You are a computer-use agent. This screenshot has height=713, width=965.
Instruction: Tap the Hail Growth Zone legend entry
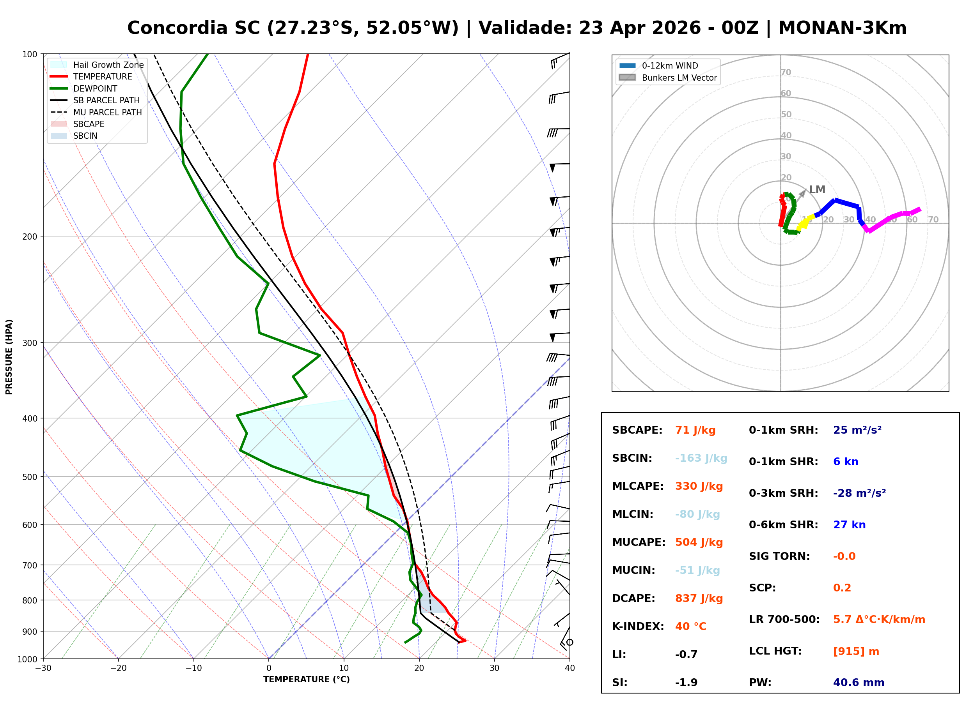pos(108,65)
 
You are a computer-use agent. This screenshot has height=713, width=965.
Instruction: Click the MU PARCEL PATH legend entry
pos(107,112)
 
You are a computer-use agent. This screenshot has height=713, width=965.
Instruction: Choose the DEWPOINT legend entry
pos(95,88)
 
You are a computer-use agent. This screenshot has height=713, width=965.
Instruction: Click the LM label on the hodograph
pos(817,189)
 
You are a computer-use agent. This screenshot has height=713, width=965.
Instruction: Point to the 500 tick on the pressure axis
pos(30,477)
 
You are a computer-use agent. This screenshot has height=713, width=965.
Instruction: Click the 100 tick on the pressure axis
pos(30,55)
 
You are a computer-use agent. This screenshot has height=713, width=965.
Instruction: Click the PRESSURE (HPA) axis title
pos(9,357)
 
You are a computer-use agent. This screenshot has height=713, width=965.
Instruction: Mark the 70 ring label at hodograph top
pos(786,72)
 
